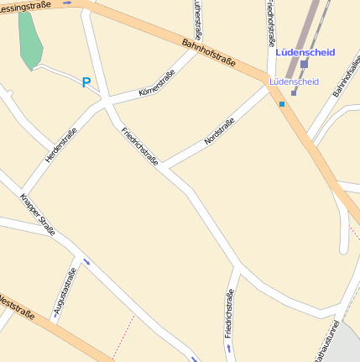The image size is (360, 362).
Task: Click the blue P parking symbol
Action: pos(86,82)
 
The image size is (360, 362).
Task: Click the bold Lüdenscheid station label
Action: pos(305,52)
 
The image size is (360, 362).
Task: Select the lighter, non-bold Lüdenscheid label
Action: pos(294,81)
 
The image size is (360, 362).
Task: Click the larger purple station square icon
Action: pos(304,64)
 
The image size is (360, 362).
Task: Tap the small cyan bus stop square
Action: pos(282,104)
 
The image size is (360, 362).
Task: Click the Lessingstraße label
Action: pos(25,5)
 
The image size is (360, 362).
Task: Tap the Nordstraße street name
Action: pos(219,132)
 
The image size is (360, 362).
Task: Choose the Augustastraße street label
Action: pos(65,292)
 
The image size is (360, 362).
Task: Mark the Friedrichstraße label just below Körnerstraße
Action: pos(139,146)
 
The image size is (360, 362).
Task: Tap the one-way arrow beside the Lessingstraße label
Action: pos(68,3)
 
